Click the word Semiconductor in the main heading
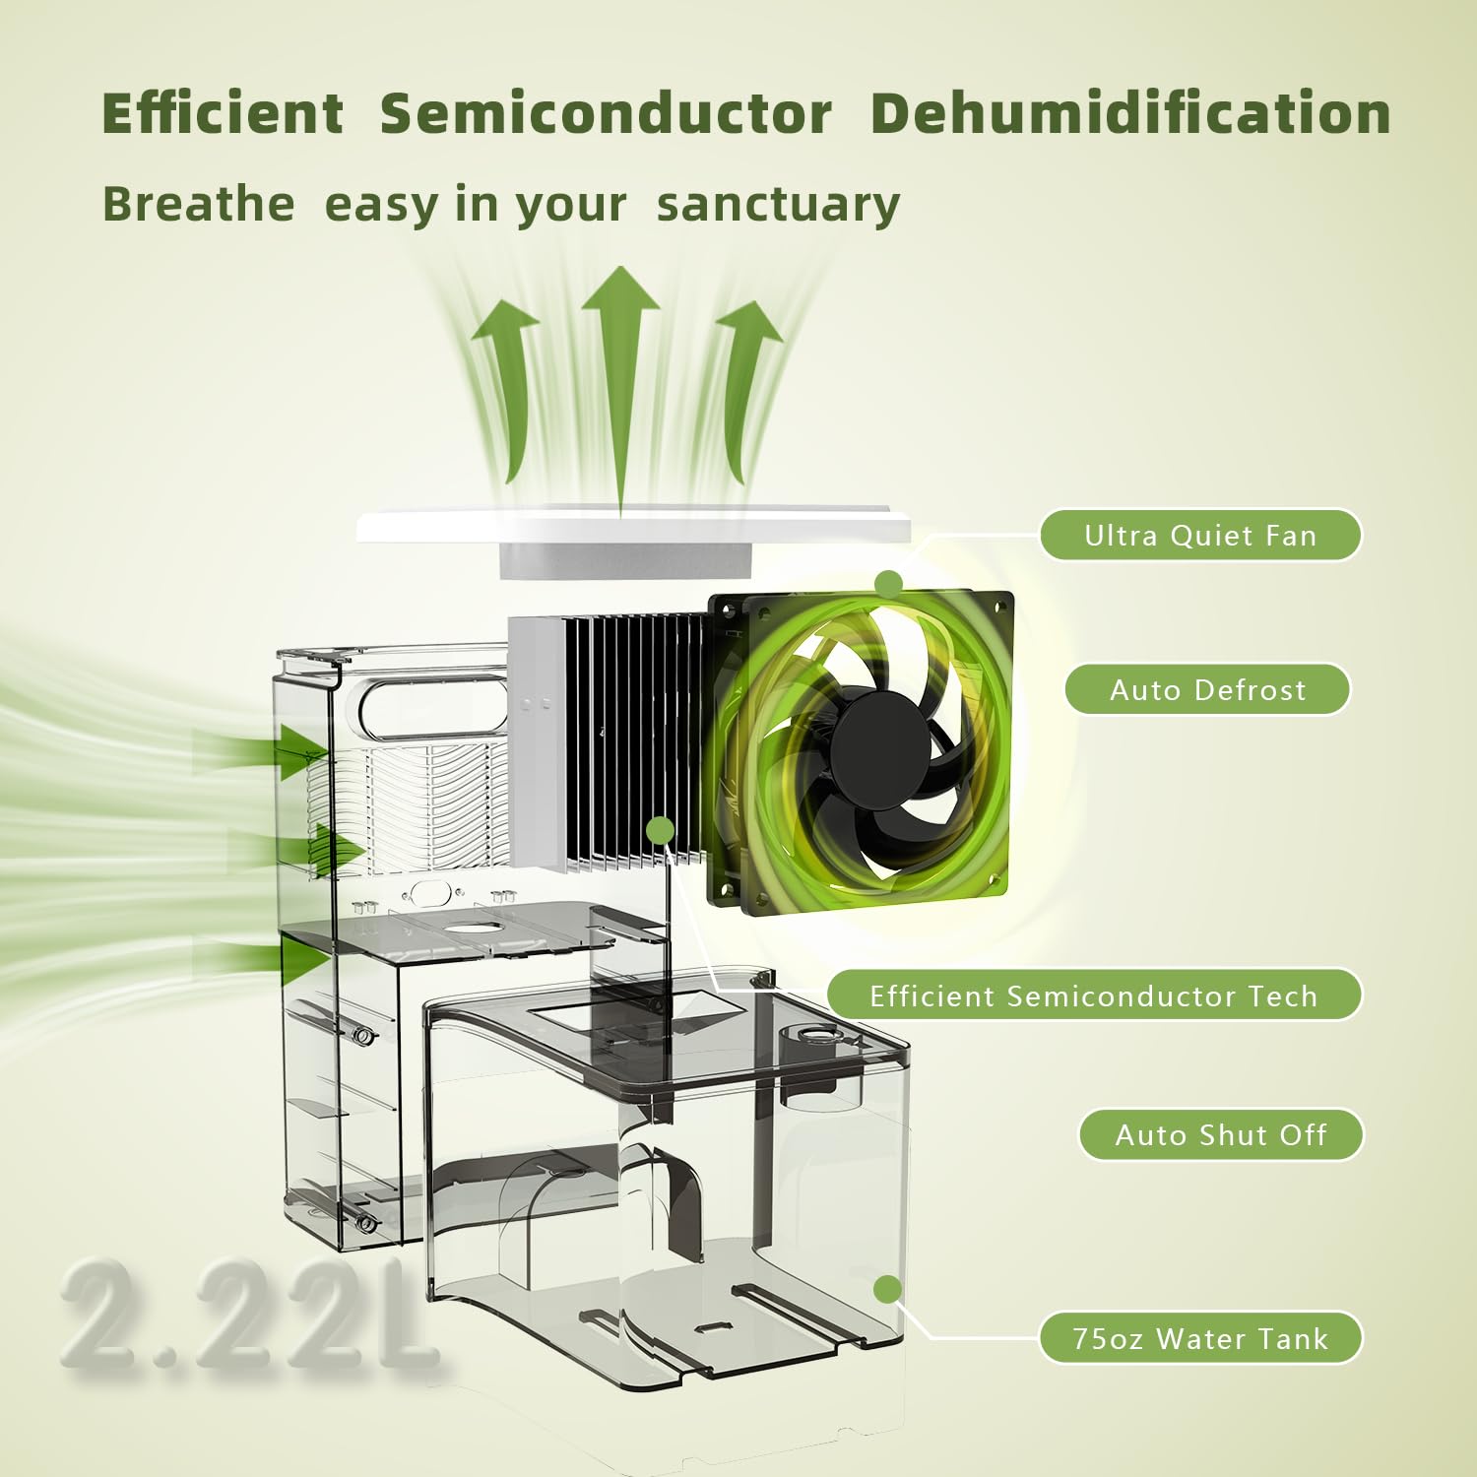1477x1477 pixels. pyautogui.click(x=606, y=113)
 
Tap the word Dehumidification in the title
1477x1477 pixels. pyautogui.click(x=1130, y=112)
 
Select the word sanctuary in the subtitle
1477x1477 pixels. pyautogui.click(x=778, y=205)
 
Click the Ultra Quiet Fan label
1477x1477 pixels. pyautogui.click(x=1200, y=536)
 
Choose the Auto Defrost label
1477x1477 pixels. pyautogui.click(x=1207, y=689)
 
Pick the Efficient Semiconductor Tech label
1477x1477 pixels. pyautogui.click(x=1094, y=995)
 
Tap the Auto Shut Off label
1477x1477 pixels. pyautogui.click(x=1221, y=1135)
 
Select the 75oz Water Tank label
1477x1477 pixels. pyautogui.click(x=1200, y=1338)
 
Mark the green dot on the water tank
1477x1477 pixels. pyautogui.click(x=887, y=1289)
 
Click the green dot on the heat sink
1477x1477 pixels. pyautogui.click(x=661, y=830)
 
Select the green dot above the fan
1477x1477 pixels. pyautogui.click(x=889, y=584)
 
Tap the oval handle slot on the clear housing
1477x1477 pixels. pyautogui.click(x=434, y=705)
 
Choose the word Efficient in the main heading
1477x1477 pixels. pyautogui.click(x=223, y=113)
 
